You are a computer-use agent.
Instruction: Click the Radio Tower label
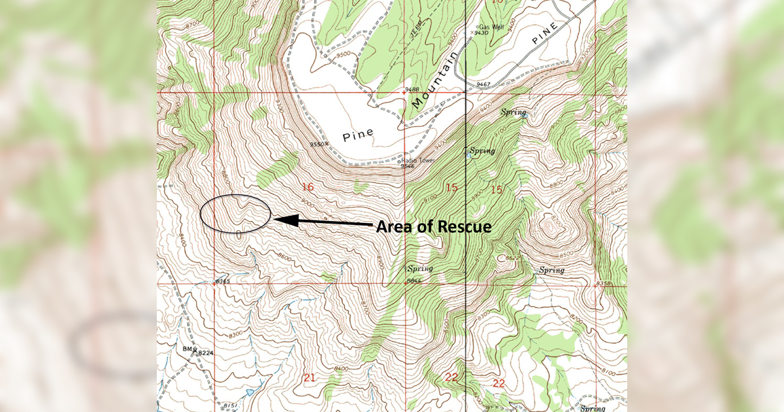(x=413, y=160)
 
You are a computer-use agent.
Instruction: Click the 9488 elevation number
(x=412, y=88)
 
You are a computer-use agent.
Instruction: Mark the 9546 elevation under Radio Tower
(x=407, y=166)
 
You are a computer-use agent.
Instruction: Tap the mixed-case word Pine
(x=358, y=133)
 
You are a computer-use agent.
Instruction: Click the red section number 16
(x=307, y=188)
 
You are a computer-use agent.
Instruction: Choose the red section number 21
(x=310, y=377)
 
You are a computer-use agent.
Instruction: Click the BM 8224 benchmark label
(x=200, y=352)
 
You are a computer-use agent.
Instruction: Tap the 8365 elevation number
(x=223, y=282)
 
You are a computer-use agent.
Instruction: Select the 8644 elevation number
(x=414, y=281)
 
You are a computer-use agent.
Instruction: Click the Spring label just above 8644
(x=420, y=268)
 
